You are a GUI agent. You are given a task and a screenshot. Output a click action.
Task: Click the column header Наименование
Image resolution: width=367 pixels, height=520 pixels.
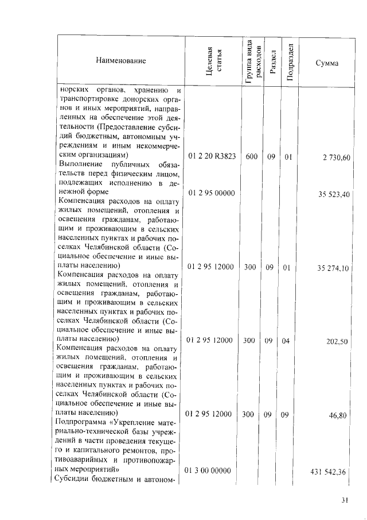tap(120, 60)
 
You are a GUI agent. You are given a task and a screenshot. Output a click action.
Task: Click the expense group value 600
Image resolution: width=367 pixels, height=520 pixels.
tap(251, 157)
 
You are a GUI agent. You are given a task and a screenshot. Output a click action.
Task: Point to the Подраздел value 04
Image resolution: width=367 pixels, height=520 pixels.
tap(287, 341)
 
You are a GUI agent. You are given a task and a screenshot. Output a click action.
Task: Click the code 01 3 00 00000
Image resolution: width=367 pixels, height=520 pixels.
tap(208, 471)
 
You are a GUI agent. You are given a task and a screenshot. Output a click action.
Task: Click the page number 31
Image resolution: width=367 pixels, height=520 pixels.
tap(345, 500)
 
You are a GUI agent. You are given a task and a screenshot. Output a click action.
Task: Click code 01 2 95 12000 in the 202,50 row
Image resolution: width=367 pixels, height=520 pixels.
tap(209, 340)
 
